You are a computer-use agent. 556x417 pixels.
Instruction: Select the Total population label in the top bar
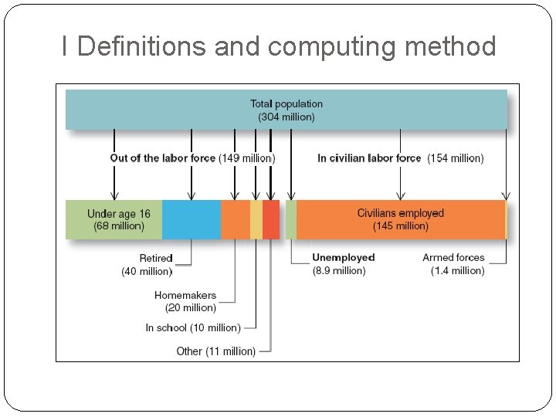click(x=286, y=103)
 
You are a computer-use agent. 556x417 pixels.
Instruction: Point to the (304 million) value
click(x=286, y=117)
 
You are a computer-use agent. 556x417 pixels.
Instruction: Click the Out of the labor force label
click(x=163, y=158)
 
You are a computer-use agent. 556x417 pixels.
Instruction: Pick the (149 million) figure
click(x=246, y=158)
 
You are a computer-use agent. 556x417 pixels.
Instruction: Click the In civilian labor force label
click(x=369, y=158)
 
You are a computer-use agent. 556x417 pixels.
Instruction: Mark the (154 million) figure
click(x=456, y=158)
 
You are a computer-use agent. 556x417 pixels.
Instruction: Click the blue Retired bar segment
click(x=191, y=219)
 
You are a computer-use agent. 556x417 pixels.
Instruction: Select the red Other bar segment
click(x=271, y=219)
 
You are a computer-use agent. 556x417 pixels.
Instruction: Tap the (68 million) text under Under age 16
click(x=119, y=226)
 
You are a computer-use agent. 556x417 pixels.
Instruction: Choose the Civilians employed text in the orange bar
click(x=400, y=213)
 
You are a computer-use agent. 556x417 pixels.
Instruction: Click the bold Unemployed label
click(x=344, y=257)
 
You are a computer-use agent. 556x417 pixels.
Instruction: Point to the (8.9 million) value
click(x=339, y=270)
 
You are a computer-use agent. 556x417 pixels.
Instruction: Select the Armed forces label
click(x=453, y=257)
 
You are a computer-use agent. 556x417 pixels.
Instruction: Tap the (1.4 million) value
click(x=458, y=270)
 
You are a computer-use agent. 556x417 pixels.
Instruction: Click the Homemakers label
click(x=185, y=295)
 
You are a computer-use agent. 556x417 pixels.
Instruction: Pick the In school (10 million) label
click(x=193, y=327)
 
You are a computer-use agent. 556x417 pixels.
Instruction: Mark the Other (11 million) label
click(x=215, y=351)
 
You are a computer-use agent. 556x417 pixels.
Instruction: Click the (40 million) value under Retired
click(x=147, y=271)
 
